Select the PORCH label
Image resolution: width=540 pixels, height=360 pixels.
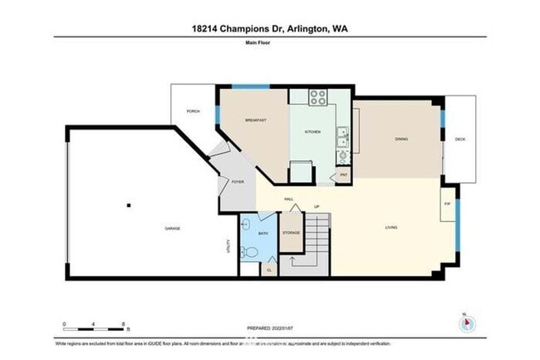[x=193, y=111]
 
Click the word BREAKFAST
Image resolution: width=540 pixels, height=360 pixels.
[x=255, y=121]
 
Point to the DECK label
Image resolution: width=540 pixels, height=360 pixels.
[x=459, y=139]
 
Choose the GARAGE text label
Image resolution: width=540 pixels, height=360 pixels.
[x=173, y=229]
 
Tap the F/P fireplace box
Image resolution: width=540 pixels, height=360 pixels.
[x=447, y=204]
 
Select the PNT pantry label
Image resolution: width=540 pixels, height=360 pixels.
[x=342, y=175]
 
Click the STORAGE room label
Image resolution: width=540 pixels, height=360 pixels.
[x=291, y=233]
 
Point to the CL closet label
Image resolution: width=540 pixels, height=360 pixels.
[x=269, y=269]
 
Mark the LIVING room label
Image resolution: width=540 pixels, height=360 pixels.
[x=390, y=227]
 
